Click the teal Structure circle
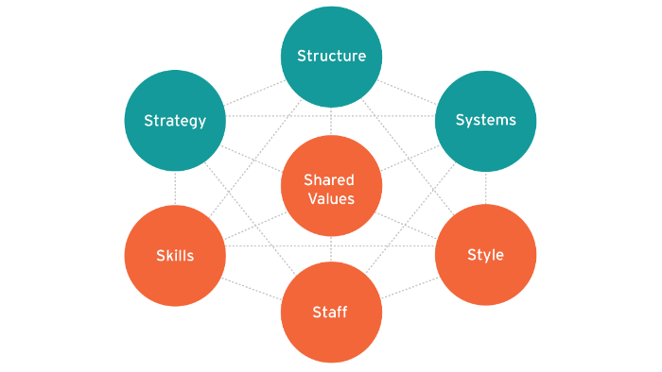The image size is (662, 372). [331, 56]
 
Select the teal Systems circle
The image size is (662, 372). [485, 120]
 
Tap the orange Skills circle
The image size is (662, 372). [175, 256]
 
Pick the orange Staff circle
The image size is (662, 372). [331, 313]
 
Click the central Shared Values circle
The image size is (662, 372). [331, 188]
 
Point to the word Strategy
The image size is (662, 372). [175, 121]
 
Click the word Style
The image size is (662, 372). [485, 255]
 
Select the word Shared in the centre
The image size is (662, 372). [329, 179]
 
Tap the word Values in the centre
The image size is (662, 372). [329, 198]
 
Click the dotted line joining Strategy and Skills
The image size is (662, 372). [175, 188]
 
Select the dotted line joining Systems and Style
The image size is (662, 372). [485, 188]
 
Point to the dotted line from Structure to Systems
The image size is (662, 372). [409, 88]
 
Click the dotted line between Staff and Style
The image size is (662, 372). [409, 288]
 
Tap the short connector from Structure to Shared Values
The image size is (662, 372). [331, 122]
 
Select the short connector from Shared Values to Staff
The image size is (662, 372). [331, 250]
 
